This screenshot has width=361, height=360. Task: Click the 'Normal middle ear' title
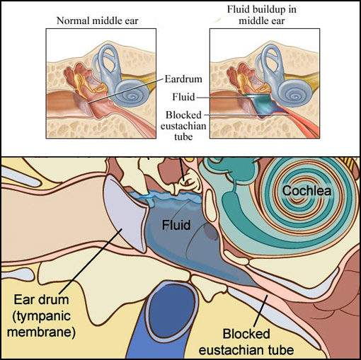(98, 21)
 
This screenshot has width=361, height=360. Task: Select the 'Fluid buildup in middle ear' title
(262, 15)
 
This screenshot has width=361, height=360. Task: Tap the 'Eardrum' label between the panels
(183, 79)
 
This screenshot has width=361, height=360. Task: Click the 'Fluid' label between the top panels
(183, 97)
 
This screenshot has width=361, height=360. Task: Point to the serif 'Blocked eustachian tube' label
(183, 126)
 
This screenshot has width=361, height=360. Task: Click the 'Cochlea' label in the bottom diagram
(306, 190)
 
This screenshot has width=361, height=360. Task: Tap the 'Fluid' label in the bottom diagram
(176, 225)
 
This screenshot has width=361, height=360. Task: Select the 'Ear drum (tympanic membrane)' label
(41, 316)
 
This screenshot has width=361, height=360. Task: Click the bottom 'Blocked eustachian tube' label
(246, 342)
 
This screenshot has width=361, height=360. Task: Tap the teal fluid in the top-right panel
(263, 104)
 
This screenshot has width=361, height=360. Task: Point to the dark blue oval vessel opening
(171, 311)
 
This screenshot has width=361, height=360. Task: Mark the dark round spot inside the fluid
(211, 232)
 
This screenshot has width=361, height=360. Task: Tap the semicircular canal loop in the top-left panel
(108, 59)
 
